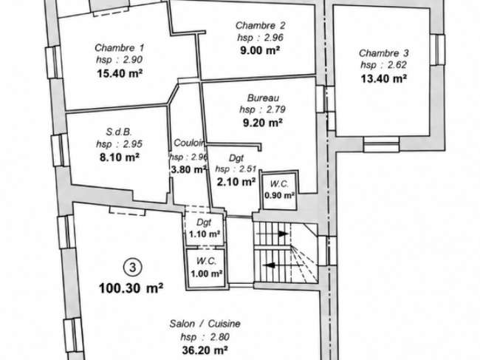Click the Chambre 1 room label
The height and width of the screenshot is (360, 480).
point(120,48)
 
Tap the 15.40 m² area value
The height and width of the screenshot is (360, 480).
point(120,73)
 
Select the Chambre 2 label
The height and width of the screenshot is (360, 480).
point(260,25)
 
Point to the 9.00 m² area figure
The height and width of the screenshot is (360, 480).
point(260,50)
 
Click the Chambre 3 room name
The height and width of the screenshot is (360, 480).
point(383,53)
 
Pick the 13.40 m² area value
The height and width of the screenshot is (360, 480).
point(383,79)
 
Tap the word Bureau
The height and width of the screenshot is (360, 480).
point(263,98)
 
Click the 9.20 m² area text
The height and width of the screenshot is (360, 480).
point(263,123)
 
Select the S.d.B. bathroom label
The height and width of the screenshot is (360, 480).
point(119,132)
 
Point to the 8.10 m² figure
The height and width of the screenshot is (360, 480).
point(120,157)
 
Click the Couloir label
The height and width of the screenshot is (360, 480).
point(189,143)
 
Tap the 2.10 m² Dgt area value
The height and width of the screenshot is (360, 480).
point(236,182)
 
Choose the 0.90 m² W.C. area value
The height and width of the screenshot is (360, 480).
point(279,195)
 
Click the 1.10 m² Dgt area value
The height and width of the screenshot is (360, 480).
point(205,234)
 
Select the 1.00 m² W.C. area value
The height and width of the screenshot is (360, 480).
point(206,274)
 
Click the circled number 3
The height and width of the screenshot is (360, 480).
point(132,267)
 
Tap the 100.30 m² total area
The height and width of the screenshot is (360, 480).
point(131,288)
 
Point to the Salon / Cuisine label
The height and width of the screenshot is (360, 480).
point(205,324)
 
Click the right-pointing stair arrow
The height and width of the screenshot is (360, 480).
point(272,234)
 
